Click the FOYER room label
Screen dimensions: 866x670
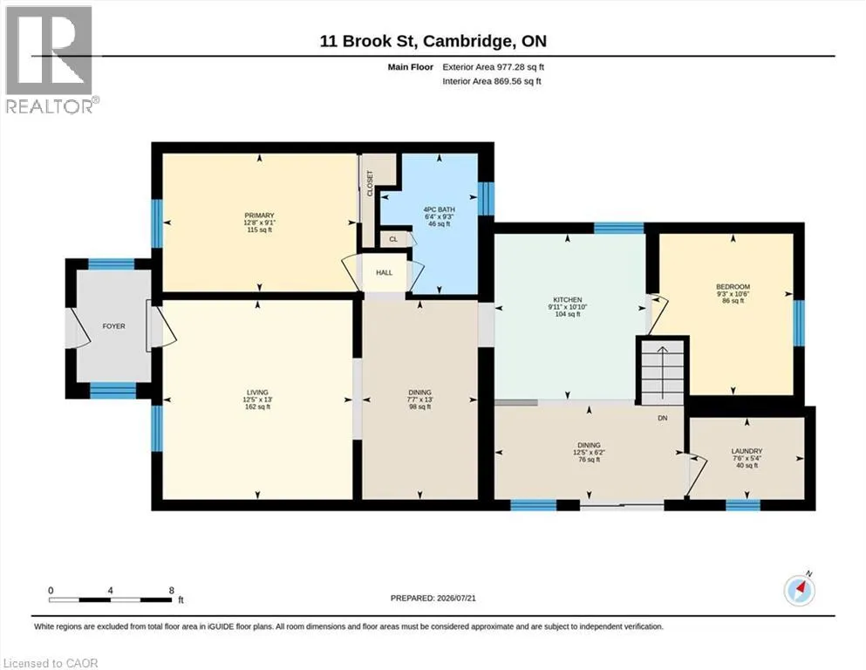(x=113, y=326)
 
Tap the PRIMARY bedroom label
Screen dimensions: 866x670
(x=259, y=215)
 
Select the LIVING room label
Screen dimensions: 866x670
(x=257, y=393)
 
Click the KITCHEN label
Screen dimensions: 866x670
(x=568, y=299)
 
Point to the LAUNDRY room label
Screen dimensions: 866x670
(x=747, y=451)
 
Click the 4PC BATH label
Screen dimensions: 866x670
(x=439, y=209)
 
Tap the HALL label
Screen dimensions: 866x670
(x=385, y=272)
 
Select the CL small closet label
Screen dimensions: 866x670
(x=393, y=239)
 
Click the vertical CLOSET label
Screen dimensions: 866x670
(x=370, y=183)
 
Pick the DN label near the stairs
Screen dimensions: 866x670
(x=662, y=418)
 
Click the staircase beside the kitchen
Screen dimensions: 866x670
(x=663, y=371)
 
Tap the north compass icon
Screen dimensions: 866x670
(x=800, y=590)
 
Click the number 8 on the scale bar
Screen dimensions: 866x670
(x=172, y=590)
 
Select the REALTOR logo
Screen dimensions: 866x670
(x=51, y=59)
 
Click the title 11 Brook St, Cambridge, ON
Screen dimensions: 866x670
(x=433, y=41)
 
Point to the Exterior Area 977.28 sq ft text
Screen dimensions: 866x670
(x=494, y=67)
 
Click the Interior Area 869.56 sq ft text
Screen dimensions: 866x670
(x=492, y=81)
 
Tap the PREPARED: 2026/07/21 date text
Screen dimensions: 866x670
(x=433, y=598)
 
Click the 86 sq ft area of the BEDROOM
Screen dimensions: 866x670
(x=733, y=301)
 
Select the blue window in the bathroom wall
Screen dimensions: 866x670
(x=486, y=198)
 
